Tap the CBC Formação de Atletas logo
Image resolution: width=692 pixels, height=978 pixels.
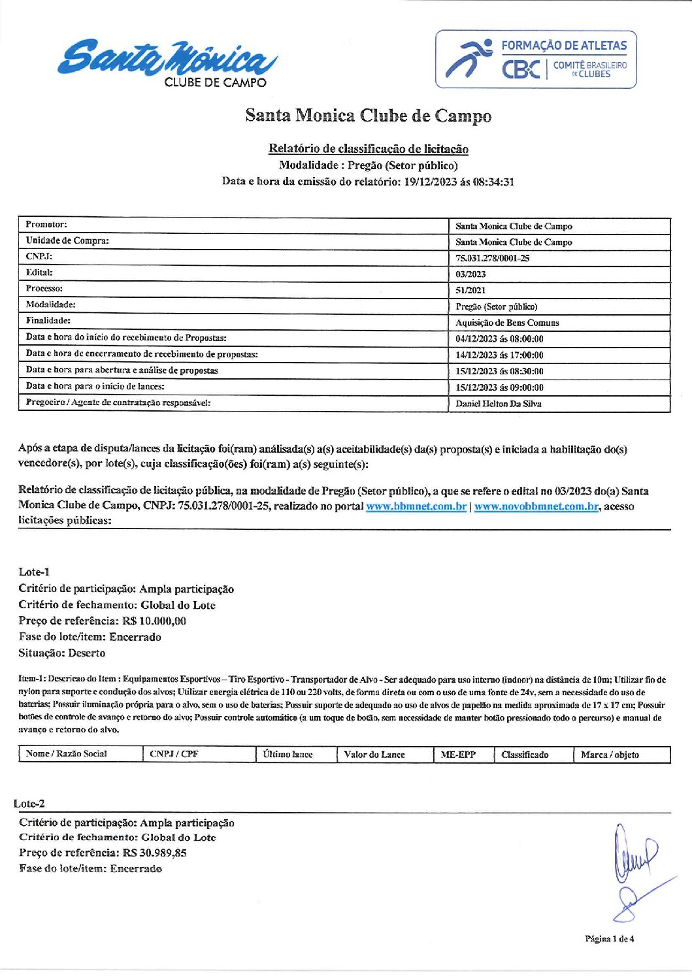pos(536,59)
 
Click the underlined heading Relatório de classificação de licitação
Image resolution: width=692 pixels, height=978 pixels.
pos(369,149)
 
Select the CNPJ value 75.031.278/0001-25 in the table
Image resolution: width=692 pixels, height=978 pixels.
pos(493,258)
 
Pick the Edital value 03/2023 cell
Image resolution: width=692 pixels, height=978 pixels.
pos(470,274)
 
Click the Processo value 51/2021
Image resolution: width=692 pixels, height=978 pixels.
pos(470,290)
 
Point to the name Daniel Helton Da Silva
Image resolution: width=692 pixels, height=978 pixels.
pos(498,404)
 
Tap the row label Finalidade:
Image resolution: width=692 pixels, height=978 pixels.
pos(48,321)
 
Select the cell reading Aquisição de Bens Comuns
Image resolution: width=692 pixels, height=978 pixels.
pos(507,323)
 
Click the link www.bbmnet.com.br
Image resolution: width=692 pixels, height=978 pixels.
pos(416,506)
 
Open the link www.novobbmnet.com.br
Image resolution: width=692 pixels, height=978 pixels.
pos(536,506)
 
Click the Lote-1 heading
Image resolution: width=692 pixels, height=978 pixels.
pos(34,572)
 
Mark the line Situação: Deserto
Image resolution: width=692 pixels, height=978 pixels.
pos(62,653)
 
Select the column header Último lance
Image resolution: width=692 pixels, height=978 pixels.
pos(288,755)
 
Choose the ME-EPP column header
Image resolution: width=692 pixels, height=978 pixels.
pos(458,755)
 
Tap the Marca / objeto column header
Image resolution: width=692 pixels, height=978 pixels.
pos(610,755)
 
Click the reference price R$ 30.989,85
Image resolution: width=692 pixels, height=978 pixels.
pos(154,853)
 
